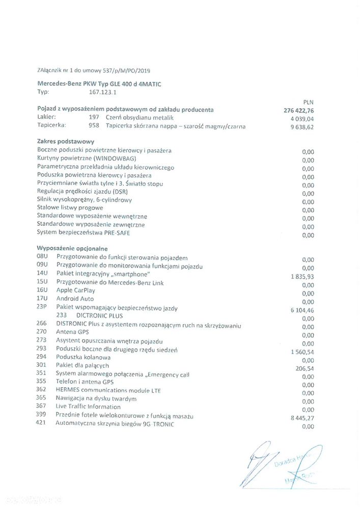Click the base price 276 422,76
pos(299,111)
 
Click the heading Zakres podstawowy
pos(66,141)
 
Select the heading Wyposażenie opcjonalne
pos(72,249)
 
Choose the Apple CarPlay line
pos(75,290)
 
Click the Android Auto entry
pos(75,299)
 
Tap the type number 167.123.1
pos(102,92)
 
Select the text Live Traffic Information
pos(88,407)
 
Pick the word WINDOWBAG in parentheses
pos(115,158)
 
